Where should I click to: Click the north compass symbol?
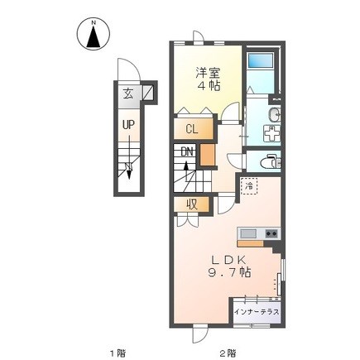pos(94,34)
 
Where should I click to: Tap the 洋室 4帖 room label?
pos(208,79)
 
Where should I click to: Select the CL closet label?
pos(192,129)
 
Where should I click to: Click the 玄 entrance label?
pos(128,94)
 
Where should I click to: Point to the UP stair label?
pos(128,125)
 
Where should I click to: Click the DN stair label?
pos(187,151)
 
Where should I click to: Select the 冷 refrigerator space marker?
pos(249,186)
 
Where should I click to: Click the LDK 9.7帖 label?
pos(229,266)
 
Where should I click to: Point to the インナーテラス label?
pos(257,312)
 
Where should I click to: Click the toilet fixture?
pos(270,162)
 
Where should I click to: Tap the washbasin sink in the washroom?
pos(274,114)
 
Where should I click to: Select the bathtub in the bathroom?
pos(261,60)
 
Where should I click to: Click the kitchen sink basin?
pos(248,233)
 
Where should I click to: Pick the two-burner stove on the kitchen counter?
pos(271,233)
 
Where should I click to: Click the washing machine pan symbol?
pos(271,133)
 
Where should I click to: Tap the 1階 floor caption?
pos(118,353)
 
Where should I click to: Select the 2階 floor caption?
pos(228,353)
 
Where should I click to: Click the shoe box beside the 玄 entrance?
pos(147,93)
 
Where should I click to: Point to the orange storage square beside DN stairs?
pos(207,155)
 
